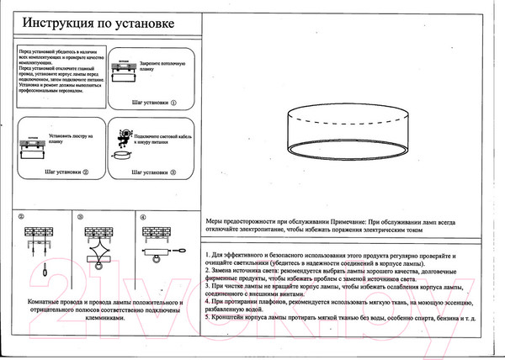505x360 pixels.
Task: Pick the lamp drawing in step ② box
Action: [x=34, y=149]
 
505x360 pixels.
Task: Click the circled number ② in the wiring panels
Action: [x=22, y=216]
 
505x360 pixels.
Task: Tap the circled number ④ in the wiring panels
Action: [x=143, y=216]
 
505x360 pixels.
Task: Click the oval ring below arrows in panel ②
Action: [x=39, y=271]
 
